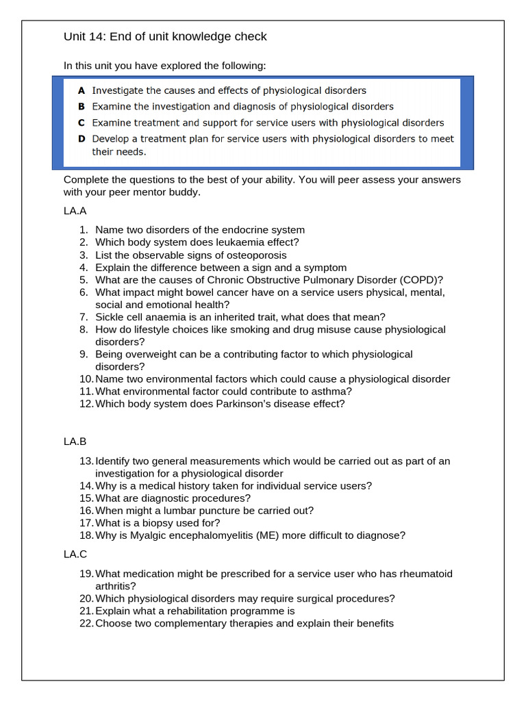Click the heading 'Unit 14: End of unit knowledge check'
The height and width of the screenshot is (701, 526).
(165, 36)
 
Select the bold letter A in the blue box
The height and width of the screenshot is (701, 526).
(82, 90)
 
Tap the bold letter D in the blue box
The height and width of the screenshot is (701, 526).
(82, 138)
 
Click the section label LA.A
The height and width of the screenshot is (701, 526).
(75, 212)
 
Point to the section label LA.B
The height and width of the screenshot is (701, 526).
(75, 442)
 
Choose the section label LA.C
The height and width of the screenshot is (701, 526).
(75, 554)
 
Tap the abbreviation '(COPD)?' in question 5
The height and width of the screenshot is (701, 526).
(423, 279)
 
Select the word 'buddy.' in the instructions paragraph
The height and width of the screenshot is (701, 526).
(184, 192)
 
